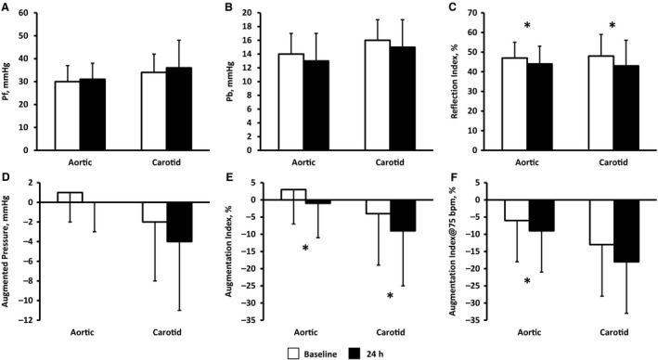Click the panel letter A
pos(6,7)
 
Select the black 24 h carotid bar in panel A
pos(165,109)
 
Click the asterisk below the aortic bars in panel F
pos(526,281)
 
